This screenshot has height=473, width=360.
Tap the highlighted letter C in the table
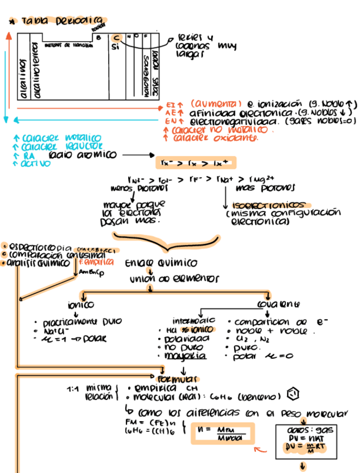click(116, 37)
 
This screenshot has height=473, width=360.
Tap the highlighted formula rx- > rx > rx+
click(195, 162)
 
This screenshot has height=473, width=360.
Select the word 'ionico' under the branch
click(81, 305)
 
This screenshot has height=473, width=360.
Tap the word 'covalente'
click(278, 305)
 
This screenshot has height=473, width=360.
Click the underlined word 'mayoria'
click(189, 355)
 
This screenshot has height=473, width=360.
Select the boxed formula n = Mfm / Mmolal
click(222, 433)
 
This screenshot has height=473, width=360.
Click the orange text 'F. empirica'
click(96, 262)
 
